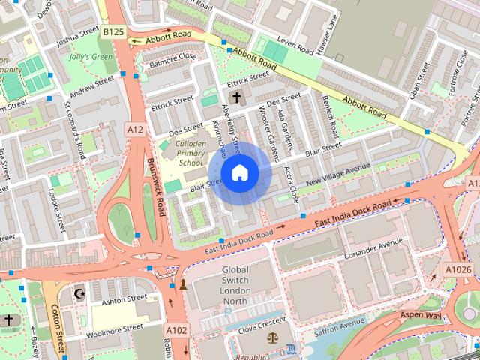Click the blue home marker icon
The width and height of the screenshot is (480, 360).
tap(239, 173)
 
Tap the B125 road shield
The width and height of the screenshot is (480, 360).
tap(113, 31)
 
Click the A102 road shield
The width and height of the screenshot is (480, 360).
tap(176, 330)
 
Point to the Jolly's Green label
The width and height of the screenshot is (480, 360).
tap(90, 57)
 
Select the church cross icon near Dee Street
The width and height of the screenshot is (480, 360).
tap(236, 97)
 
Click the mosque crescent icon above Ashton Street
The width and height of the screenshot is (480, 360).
tap(81, 292)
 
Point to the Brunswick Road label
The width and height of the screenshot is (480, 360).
tap(156, 187)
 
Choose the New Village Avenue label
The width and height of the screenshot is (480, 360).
tap(337, 176)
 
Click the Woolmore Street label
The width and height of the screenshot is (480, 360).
tap(114, 328)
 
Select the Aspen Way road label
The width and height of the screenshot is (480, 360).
tap(420, 316)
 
